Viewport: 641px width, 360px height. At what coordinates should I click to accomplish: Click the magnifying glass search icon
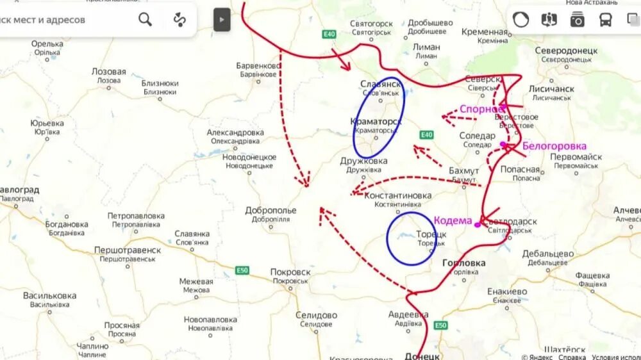click(146, 20)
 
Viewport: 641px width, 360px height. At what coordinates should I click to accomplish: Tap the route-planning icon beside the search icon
click(179, 20)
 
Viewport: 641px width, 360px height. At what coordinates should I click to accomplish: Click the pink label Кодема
click(453, 220)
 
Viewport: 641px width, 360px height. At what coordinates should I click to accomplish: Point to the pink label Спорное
click(481, 109)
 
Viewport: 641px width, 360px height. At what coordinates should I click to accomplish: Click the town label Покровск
click(290, 272)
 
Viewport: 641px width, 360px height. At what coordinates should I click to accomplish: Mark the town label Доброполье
click(271, 210)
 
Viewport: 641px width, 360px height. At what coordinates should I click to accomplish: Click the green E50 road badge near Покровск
click(242, 270)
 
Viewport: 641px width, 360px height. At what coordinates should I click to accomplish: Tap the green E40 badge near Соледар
click(426, 135)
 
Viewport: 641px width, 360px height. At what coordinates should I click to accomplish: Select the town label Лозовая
click(108, 72)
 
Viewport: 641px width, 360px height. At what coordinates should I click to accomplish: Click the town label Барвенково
click(259, 66)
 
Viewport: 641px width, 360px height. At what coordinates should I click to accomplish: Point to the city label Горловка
click(463, 263)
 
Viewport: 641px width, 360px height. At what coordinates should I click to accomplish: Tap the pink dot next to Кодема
click(478, 225)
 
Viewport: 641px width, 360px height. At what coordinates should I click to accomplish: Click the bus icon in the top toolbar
click(605, 20)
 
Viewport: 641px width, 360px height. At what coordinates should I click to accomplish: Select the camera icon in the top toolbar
click(577, 20)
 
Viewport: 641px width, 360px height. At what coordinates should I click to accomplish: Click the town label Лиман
click(426, 47)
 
